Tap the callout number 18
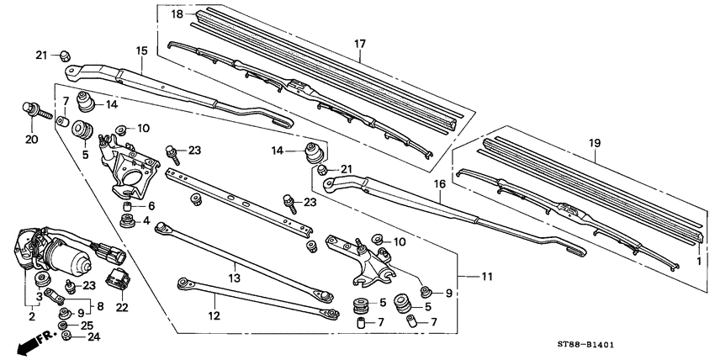click(x=177, y=15)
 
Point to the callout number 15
click(x=142, y=52)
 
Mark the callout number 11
click(x=488, y=276)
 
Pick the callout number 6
click(x=151, y=206)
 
